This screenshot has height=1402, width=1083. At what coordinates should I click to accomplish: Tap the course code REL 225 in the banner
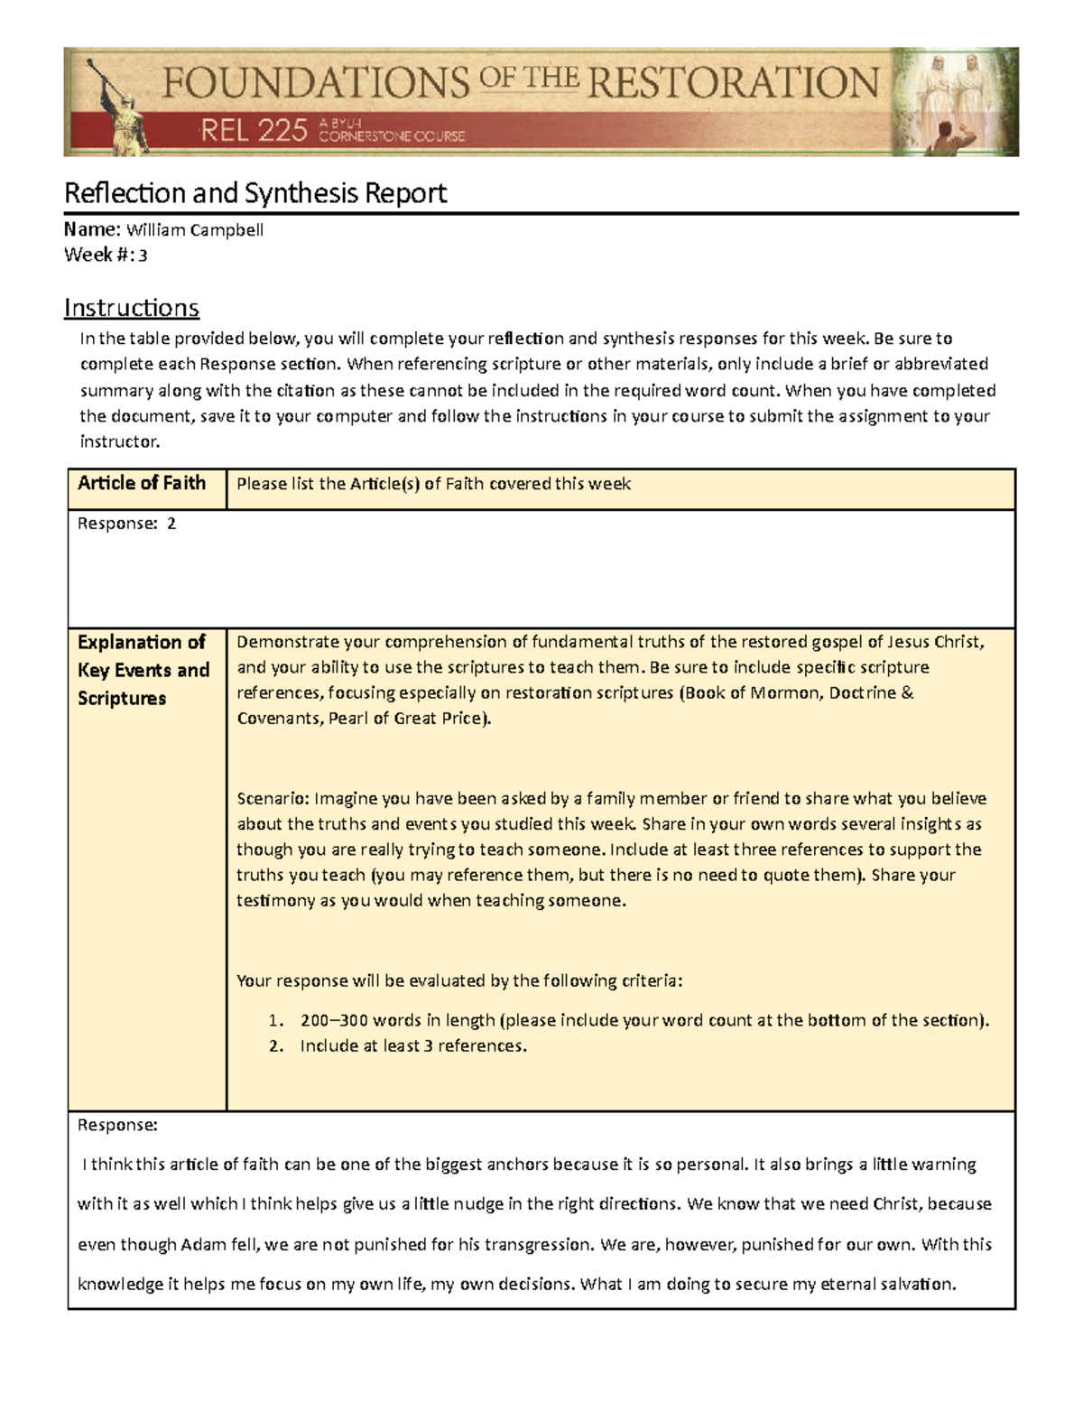tap(253, 133)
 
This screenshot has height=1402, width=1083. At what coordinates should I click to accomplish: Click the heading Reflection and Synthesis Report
tap(255, 193)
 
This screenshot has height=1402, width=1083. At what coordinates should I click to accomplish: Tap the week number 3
tap(143, 255)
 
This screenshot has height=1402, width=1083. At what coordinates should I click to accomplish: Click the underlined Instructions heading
tap(132, 308)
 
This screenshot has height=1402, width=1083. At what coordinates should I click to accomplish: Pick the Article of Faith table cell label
tap(142, 483)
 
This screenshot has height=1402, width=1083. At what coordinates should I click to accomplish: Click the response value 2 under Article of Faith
tap(171, 524)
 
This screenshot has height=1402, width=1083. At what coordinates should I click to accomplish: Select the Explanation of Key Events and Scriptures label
tap(143, 670)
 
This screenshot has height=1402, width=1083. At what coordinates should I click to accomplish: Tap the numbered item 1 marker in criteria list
tap(277, 1021)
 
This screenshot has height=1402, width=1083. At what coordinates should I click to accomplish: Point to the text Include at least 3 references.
tap(413, 1046)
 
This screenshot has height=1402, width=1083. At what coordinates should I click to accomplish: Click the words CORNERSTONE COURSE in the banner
tap(393, 136)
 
